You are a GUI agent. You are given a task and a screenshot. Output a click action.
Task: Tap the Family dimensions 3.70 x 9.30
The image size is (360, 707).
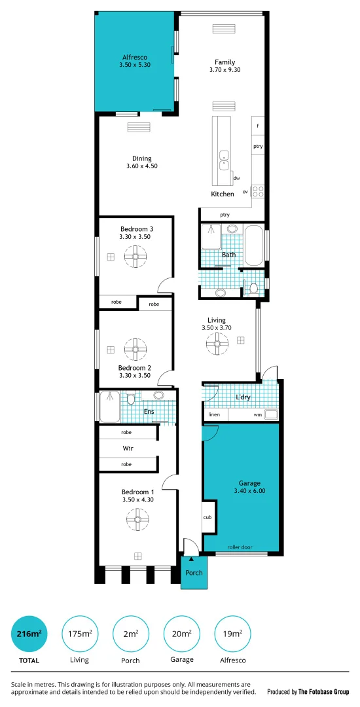point(225,70)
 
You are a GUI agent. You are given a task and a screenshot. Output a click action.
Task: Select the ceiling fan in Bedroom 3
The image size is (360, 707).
point(136,257)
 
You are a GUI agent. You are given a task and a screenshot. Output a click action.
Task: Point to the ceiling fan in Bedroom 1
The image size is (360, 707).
point(138,520)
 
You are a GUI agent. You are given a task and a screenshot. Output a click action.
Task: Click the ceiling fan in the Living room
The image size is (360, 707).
point(216,342)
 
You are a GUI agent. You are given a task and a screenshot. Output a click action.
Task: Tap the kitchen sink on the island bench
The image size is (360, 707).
point(224,157)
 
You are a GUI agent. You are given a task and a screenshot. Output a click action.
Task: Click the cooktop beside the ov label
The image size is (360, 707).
point(258,192)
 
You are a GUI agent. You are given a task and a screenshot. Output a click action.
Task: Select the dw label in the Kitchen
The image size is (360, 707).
point(236,178)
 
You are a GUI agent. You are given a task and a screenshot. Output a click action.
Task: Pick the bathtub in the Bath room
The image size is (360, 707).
point(253,245)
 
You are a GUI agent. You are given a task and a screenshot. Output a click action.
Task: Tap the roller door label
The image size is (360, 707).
point(241,547)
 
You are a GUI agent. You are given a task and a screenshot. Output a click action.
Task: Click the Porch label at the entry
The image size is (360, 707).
point(194,573)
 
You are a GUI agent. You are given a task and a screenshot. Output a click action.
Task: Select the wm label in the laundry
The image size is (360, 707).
point(258,415)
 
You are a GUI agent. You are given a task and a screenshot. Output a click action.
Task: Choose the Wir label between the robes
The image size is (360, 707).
point(128,448)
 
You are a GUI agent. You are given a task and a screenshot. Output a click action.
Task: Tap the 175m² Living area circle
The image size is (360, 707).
point(79,634)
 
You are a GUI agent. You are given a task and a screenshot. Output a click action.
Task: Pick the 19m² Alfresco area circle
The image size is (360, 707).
point(232,634)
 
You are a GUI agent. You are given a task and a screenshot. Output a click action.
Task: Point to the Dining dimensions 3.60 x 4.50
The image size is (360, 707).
point(142,166)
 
